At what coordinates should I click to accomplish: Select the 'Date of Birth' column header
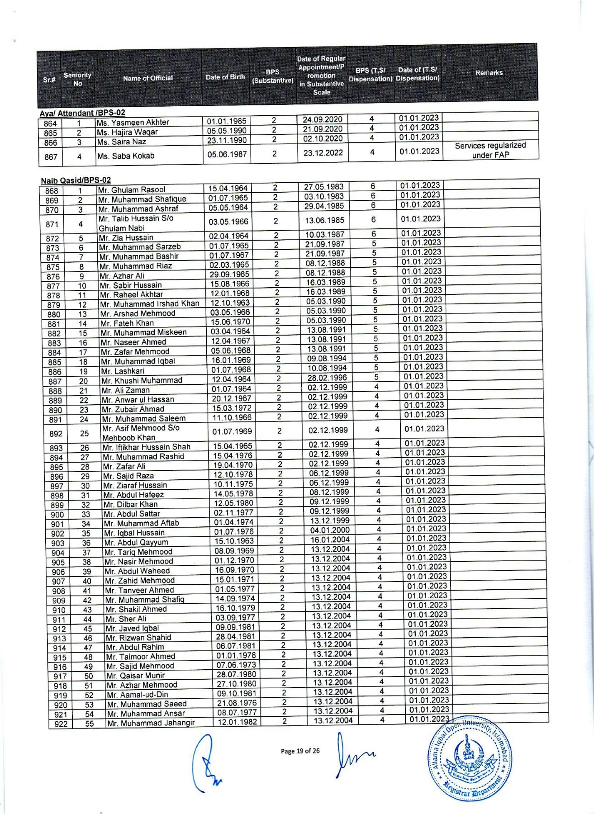click(225, 77)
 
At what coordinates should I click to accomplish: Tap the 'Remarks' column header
click(489, 73)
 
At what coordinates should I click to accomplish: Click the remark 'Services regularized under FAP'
click(490, 150)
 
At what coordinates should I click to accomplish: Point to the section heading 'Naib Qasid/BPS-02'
click(76, 180)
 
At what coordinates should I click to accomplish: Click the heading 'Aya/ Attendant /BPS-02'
click(82, 113)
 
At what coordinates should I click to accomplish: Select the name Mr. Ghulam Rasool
click(132, 190)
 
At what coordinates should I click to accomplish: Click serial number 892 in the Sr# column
click(56, 433)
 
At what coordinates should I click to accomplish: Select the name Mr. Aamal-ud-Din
click(137, 695)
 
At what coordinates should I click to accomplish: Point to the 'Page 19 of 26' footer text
click(300, 751)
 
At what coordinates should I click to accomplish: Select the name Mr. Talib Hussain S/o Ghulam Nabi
click(136, 223)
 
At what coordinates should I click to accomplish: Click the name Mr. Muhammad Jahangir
click(151, 723)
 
